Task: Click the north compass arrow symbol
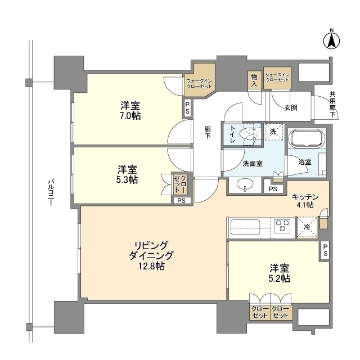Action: coord(331,41)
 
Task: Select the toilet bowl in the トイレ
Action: coord(247,134)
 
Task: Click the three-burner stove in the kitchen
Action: coord(282,225)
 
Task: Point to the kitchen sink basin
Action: coord(245,227)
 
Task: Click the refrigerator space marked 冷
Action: coord(307,227)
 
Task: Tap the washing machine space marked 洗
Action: coord(274,132)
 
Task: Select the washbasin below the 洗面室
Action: coord(245,184)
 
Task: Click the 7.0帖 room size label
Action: coord(130,116)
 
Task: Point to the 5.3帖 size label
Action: coord(127,180)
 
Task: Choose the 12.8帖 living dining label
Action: coord(151,266)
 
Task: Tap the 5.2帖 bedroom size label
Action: coord(279,278)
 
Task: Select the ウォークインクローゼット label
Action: coord(199,84)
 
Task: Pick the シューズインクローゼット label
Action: coord(277,78)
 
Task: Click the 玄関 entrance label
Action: coord(291,107)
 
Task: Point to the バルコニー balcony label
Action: coord(51,192)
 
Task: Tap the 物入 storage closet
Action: coord(254,80)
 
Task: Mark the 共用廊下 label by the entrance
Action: coord(332,105)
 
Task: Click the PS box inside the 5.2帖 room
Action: coord(325,250)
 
